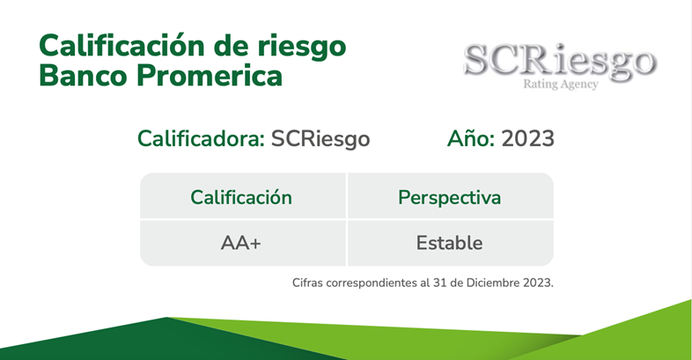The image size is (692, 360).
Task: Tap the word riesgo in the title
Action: click(302, 48)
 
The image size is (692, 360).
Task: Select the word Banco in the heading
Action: click(83, 76)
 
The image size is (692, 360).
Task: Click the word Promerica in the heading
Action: click(210, 76)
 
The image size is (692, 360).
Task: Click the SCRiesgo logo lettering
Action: click(560, 61)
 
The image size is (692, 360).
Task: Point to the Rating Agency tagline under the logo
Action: click(561, 84)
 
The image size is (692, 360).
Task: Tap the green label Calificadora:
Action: click(202, 138)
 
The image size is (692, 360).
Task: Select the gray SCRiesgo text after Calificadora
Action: click(320, 139)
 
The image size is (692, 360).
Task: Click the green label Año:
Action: click(471, 138)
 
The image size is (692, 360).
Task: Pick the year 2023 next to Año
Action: click(528, 138)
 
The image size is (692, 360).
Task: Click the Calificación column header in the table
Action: click(241, 197)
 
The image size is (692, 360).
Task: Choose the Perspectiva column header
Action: click(450, 198)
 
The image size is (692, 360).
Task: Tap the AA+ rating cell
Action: click(241, 243)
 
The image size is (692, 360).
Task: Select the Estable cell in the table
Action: click(449, 243)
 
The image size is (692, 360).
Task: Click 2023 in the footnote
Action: click(538, 283)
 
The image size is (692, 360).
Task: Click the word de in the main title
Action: click(232, 46)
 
